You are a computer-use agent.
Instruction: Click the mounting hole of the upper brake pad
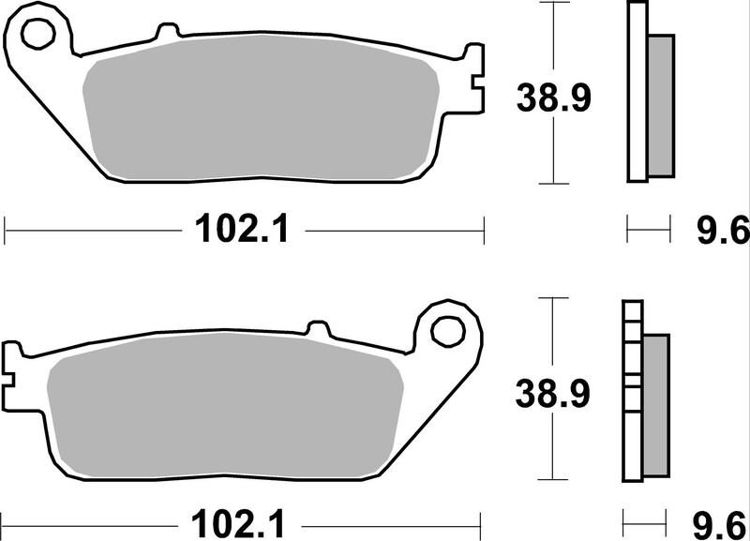point(38,35)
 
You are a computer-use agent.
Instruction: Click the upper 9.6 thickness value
point(722,228)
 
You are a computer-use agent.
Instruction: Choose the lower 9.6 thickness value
point(722,521)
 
